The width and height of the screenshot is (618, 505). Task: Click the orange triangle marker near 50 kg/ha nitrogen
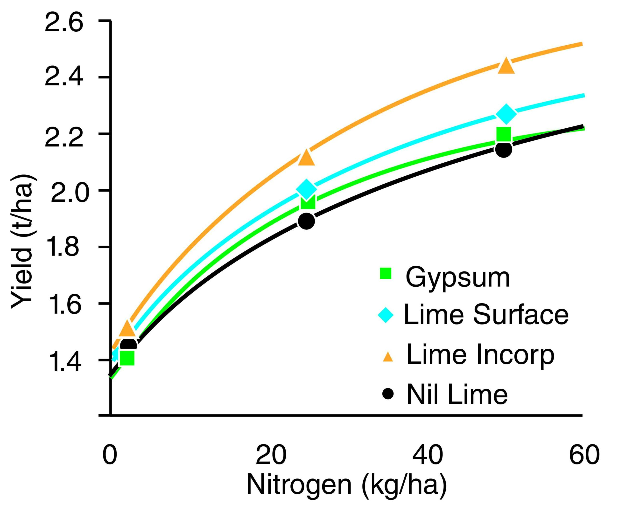coord(506,66)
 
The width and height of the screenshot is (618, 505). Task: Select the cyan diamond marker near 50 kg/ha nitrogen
coord(506,113)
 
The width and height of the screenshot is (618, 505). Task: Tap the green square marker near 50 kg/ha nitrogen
coord(504,134)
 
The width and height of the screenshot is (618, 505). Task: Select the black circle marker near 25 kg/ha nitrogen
coord(307,221)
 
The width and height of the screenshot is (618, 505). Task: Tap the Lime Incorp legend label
coord(480,355)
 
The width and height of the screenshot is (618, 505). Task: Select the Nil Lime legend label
coord(457,394)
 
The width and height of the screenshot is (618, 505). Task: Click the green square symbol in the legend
coord(386,273)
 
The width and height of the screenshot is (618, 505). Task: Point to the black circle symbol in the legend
coord(388,394)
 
